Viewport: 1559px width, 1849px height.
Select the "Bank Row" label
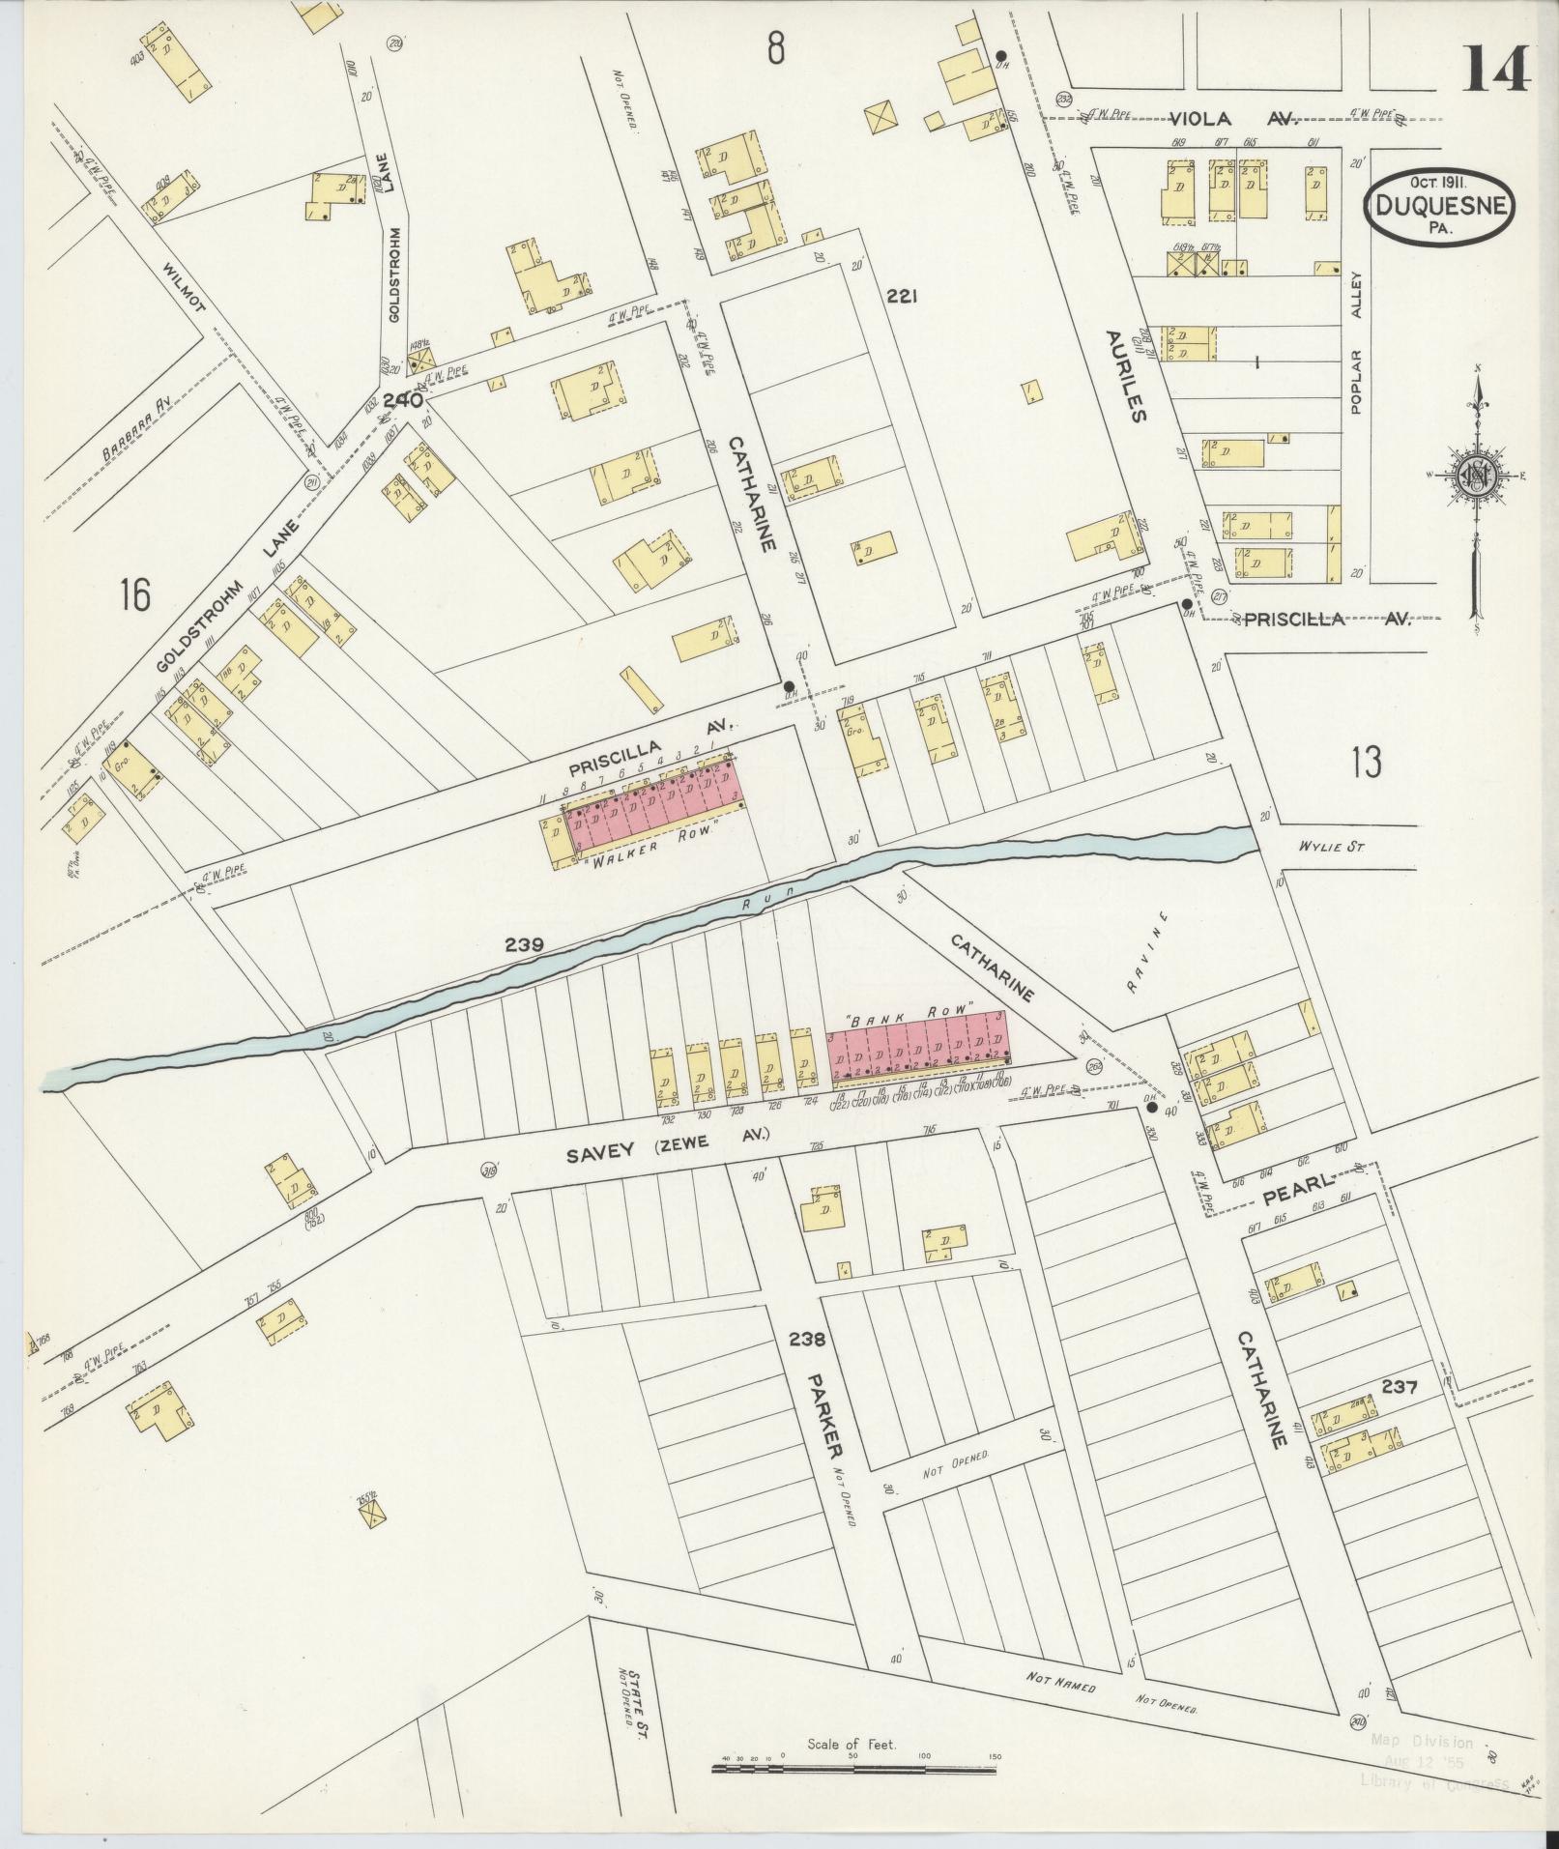[908, 1008]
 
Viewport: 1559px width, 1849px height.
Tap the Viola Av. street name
[1231, 119]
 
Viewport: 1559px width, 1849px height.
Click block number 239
[524, 944]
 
